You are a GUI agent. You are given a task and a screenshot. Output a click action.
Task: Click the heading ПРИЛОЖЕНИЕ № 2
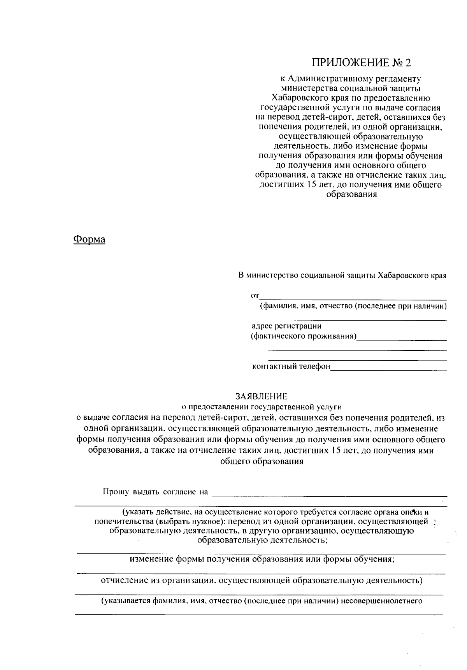coord(361,63)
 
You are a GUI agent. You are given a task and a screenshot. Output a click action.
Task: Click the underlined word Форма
coord(90,239)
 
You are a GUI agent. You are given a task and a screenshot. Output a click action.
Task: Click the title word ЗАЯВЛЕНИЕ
coord(261,396)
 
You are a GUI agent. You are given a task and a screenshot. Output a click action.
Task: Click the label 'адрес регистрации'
coord(287,326)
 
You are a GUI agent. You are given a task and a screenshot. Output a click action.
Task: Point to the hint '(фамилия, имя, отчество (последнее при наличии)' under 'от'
coord(353,306)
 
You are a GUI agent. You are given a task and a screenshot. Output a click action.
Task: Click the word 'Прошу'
coord(116,492)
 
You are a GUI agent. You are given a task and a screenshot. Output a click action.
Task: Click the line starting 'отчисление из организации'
coord(262,581)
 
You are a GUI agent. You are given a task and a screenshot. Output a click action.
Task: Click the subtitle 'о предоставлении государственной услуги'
coord(262,407)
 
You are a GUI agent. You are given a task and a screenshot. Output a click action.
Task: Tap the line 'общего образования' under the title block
coord(262,462)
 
